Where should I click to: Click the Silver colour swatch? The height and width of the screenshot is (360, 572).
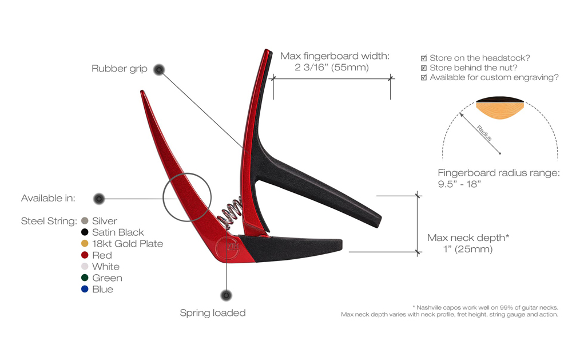pyautogui.click(x=85, y=220)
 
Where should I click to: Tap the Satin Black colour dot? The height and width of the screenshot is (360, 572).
pyautogui.click(x=85, y=232)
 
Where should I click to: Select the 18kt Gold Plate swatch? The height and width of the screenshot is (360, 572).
pyautogui.click(x=85, y=243)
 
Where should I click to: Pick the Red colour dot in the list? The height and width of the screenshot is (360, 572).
pyautogui.click(x=85, y=255)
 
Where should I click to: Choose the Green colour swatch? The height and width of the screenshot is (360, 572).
pyautogui.click(x=85, y=278)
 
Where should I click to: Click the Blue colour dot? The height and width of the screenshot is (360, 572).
pyautogui.click(x=85, y=289)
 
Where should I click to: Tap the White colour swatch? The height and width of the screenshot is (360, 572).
pyautogui.click(x=85, y=266)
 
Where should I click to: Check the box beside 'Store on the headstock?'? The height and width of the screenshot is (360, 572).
pyautogui.click(x=423, y=58)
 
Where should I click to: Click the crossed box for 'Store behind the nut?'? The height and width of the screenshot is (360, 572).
pyautogui.click(x=423, y=68)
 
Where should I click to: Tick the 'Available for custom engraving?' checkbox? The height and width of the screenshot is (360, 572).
pyautogui.click(x=423, y=77)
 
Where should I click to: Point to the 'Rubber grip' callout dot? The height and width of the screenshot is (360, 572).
pyautogui.click(x=159, y=70)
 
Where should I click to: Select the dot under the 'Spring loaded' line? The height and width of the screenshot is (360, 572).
pyautogui.click(x=226, y=295)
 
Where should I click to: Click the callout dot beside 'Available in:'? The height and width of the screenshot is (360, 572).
pyautogui.click(x=99, y=199)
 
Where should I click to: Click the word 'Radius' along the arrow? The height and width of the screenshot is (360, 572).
pyautogui.click(x=484, y=133)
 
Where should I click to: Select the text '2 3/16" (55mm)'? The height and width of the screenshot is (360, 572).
pyautogui.click(x=332, y=68)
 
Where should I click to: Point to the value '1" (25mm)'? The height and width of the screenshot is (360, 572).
pyautogui.click(x=468, y=250)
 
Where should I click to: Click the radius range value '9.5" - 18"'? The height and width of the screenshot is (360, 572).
pyautogui.click(x=459, y=184)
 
